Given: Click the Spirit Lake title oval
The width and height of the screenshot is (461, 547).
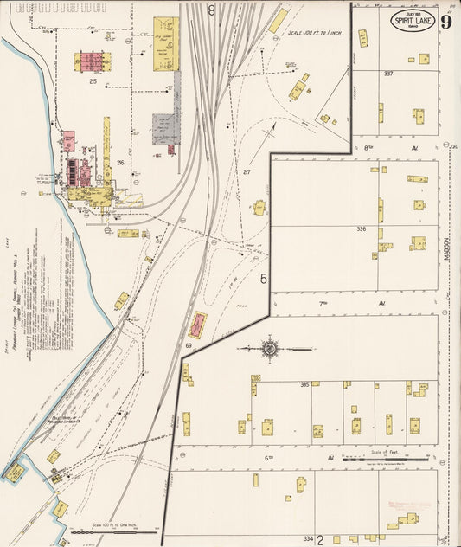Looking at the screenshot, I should [x=412, y=22].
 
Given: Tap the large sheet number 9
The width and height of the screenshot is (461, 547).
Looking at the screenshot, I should [x=445, y=22].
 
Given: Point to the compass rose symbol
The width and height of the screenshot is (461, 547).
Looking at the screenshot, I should [x=269, y=348].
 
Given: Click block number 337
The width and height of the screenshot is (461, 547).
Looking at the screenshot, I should [x=388, y=74].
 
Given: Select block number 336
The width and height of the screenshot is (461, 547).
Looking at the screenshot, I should [x=361, y=229].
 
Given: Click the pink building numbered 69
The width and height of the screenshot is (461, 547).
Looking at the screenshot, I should [x=197, y=325].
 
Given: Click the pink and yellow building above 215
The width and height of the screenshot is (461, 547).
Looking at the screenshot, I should [x=92, y=61].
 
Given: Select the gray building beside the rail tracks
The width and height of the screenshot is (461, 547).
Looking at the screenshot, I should [x=165, y=128].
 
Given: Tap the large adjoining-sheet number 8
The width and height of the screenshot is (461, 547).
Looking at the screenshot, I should [x=212, y=11].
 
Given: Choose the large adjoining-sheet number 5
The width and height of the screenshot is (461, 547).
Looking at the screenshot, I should [x=264, y=279].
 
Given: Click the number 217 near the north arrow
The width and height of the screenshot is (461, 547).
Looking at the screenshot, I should [x=247, y=173].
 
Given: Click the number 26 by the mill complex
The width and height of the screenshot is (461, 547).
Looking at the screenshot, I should [x=120, y=163].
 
